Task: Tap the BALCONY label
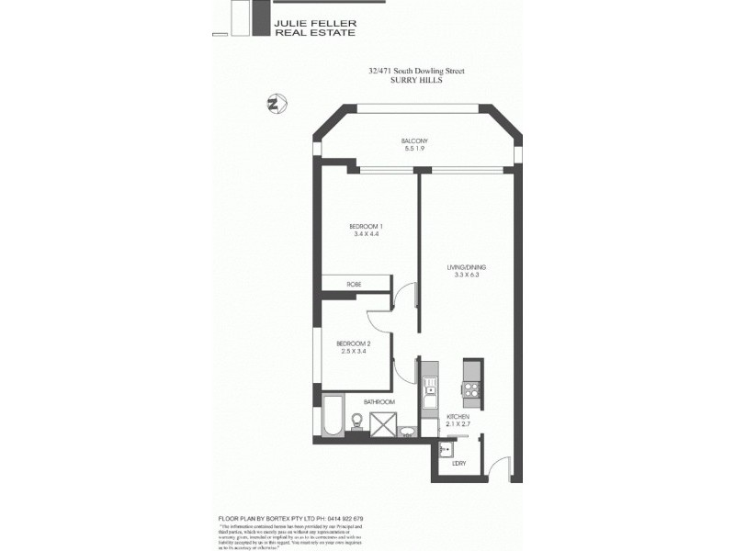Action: point(414,141)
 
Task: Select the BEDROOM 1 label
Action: point(366,227)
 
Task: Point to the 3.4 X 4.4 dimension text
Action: point(366,235)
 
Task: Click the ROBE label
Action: point(354,285)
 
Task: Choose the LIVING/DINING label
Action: point(465,267)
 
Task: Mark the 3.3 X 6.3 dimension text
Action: point(465,275)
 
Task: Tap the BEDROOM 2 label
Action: point(353,343)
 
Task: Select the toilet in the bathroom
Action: point(356,421)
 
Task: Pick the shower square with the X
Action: point(382,423)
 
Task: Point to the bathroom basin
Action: point(408,430)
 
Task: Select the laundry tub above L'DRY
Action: point(446,449)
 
